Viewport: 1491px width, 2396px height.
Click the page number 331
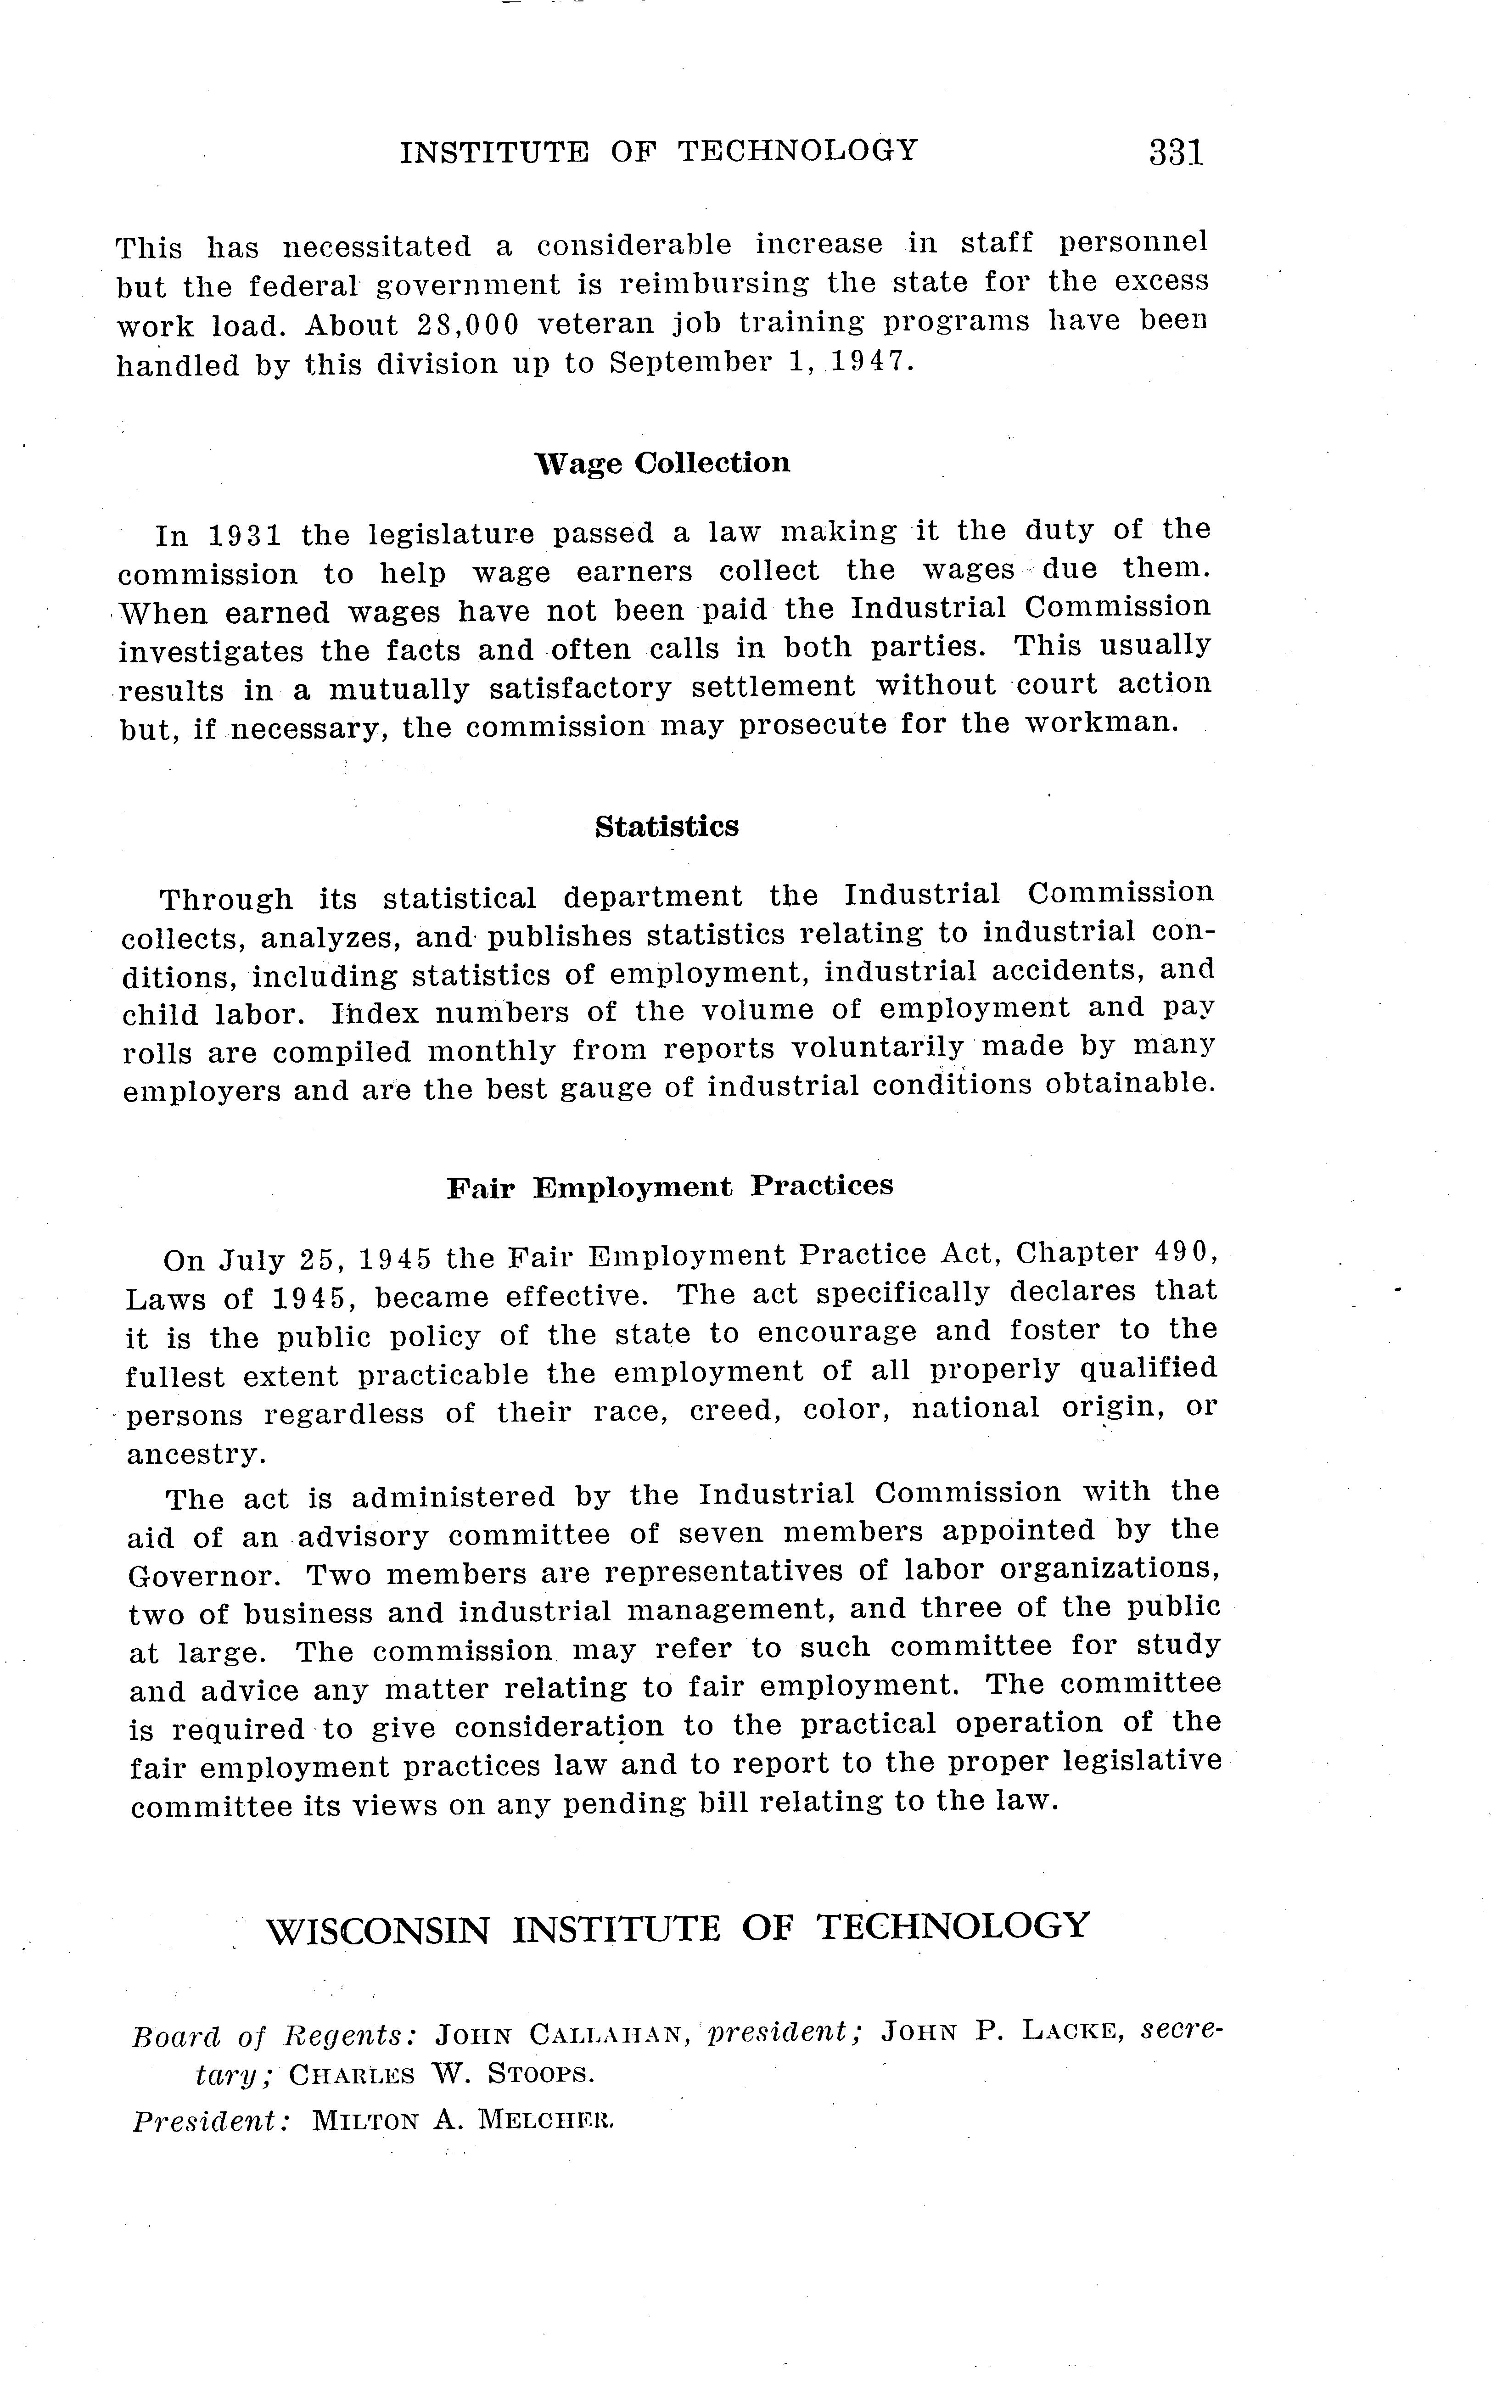tap(1176, 153)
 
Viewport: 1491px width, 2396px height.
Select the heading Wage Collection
tap(661, 462)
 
